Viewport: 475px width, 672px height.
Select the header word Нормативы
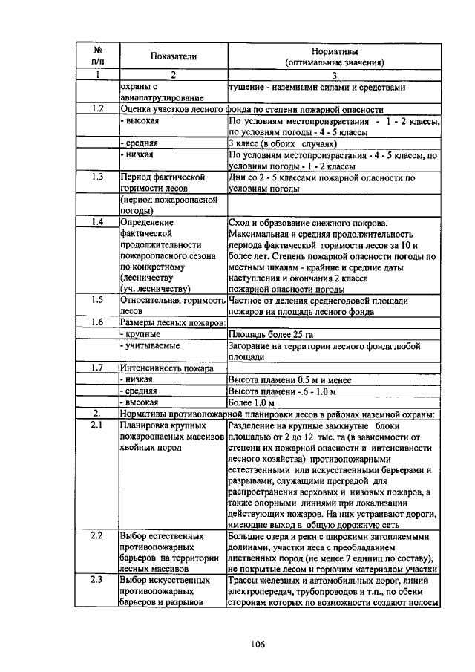(x=335, y=50)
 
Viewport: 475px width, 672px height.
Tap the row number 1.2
(x=97, y=108)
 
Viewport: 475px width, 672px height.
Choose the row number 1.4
(x=97, y=222)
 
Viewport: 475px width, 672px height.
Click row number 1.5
(x=97, y=300)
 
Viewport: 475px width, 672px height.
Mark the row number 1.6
(x=97, y=322)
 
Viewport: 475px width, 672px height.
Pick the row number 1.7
(x=97, y=368)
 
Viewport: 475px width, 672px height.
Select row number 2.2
(x=97, y=535)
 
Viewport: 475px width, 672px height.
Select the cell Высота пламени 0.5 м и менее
(x=289, y=379)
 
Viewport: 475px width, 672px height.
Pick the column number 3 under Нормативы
(x=335, y=75)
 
